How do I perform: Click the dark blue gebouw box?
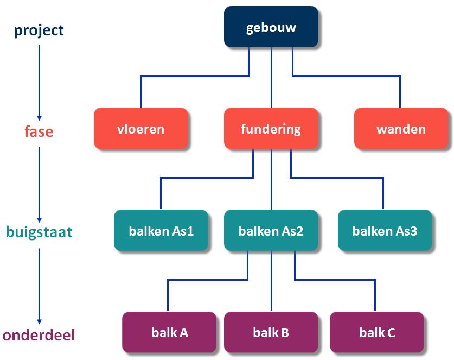point(271,27)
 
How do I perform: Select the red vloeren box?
point(140,129)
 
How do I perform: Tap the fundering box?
point(271,129)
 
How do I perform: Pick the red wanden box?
point(401,129)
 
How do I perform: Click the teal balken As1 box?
point(161,231)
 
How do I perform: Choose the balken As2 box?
point(271,231)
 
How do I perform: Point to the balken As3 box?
point(385,231)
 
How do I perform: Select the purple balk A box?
point(170,332)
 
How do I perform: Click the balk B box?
point(271,332)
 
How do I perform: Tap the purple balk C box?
point(376,332)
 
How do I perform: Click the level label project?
point(39,30)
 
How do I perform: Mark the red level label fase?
point(39,131)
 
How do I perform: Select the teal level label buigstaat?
point(39,232)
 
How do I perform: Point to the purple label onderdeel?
point(39,335)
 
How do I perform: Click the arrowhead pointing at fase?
point(39,117)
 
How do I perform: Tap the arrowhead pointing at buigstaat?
point(39,219)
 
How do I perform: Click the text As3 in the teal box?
point(407,231)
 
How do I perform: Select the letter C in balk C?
point(390,332)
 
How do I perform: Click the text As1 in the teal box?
point(183,231)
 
